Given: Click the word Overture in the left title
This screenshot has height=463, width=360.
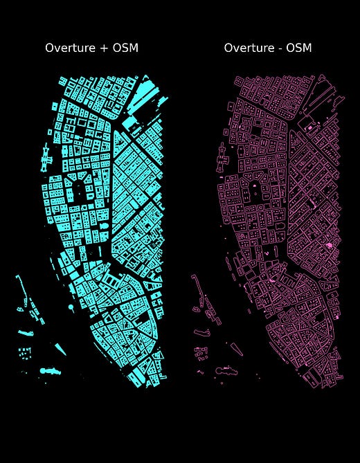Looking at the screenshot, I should [x=69, y=48].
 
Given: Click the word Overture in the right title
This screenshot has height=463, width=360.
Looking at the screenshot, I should [x=247, y=48].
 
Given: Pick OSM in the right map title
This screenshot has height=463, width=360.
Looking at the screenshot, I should [x=298, y=48].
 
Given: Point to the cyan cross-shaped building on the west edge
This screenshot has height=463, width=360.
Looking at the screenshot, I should [x=46, y=157].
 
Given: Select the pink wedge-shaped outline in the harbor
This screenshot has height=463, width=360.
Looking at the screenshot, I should [x=212, y=313].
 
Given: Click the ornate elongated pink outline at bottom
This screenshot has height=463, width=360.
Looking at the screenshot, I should [x=227, y=371].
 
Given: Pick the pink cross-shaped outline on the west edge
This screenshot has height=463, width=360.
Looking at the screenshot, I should [x=222, y=157].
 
